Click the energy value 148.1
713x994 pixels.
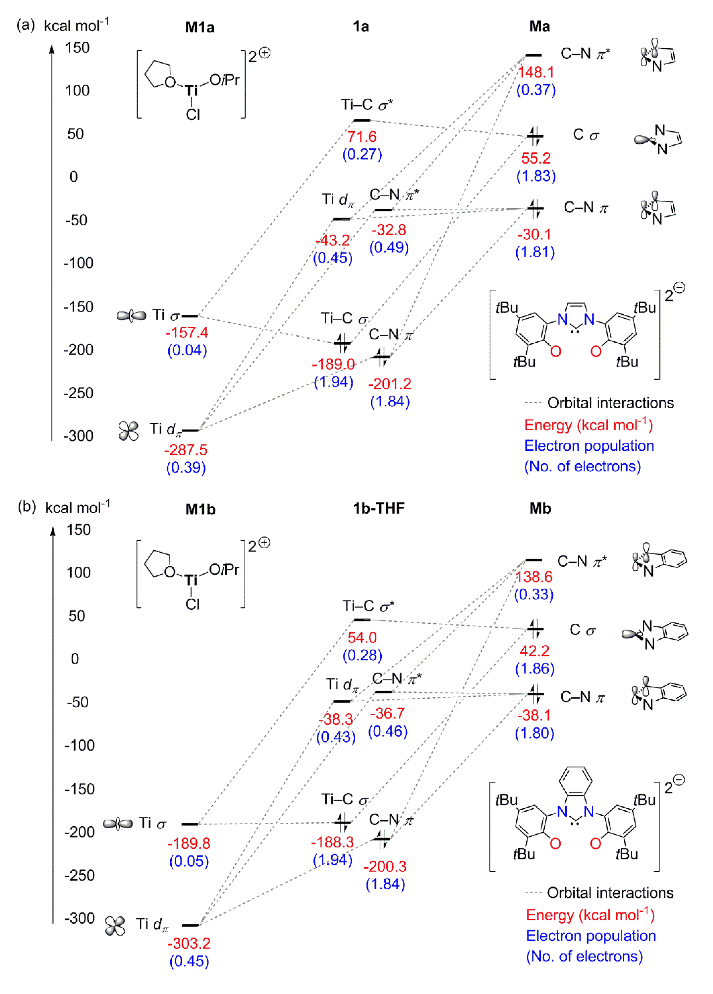(x=536, y=72)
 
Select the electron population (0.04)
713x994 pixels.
(x=187, y=350)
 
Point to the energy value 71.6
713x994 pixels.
(x=362, y=137)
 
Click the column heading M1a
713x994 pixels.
(x=200, y=27)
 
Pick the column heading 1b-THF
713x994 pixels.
(x=379, y=508)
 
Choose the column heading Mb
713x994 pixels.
(x=540, y=508)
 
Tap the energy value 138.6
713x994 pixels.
(x=534, y=577)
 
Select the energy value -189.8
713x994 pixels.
(x=189, y=843)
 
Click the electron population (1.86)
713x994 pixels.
(x=535, y=669)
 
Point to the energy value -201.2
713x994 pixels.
(x=390, y=384)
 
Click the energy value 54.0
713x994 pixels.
(x=362, y=638)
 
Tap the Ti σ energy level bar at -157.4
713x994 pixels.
(x=190, y=316)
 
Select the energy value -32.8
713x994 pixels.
(x=389, y=230)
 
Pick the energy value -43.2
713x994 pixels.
(x=333, y=240)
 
